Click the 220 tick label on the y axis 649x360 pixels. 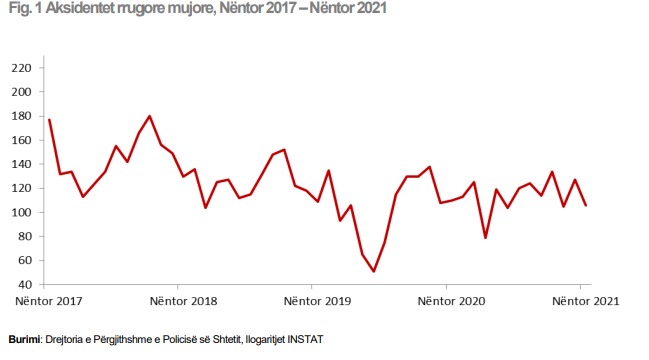pyautogui.click(x=22, y=68)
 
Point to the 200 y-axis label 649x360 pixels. pyautogui.click(x=22, y=92)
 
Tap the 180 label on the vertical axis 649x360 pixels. pyautogui.click(x=22, y=116)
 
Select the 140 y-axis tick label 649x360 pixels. pyautogui.click(x=22, y=164)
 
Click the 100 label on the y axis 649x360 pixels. pyautogui.click(x=22, y=212)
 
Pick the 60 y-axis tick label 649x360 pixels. pyautogui.click(x=25, y=260)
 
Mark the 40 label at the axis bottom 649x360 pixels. pyautogui.click(x=25, y=285)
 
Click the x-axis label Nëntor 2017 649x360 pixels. pyautogui.click(x=49, y=301)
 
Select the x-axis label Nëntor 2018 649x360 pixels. pyautogui.click(x=183, y=301)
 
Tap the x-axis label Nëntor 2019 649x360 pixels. pyautogui.click(x=317, y=301)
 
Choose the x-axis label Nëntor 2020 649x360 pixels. pyautogui.click(x=452, y=301)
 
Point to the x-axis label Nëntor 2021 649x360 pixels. pyautogui.click(x=586, y=301)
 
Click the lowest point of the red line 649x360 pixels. pyautogui.click(x=374, y=271)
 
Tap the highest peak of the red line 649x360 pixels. pyautogui.click(x=149, y=116)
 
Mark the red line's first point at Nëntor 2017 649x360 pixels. pyautogui.click(x=49, y=120)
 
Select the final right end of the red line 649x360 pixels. pyautogui.click(x=586, y=205)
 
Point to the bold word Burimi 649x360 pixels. pyautogui.click(x=24, y=340)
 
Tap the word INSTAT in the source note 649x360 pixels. pyautogui.click(x=305, y=340)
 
